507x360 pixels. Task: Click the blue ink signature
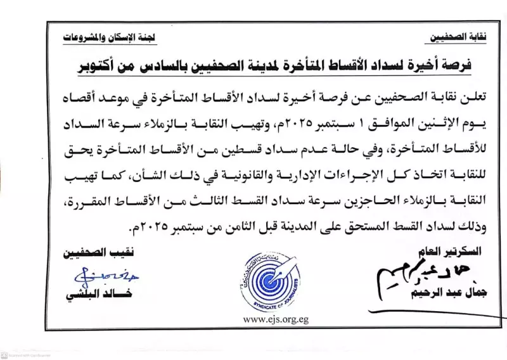[x=94, y=275]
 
